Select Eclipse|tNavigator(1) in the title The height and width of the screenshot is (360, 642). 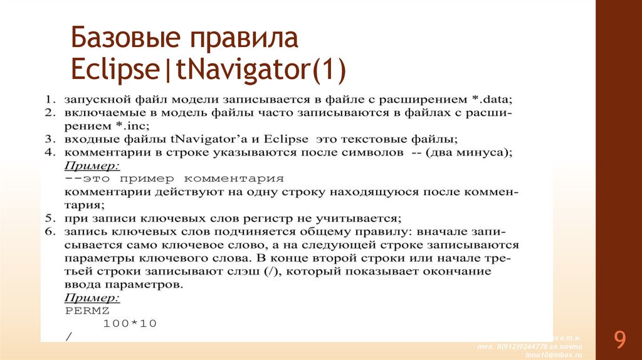(x=208, y=70)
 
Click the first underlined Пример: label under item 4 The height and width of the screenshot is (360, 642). (x=92, y=165)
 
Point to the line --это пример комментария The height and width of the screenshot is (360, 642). (x=174, y=178)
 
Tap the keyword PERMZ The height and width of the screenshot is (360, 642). (x=87, y=310)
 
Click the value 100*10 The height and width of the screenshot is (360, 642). (x=130, y=324)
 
